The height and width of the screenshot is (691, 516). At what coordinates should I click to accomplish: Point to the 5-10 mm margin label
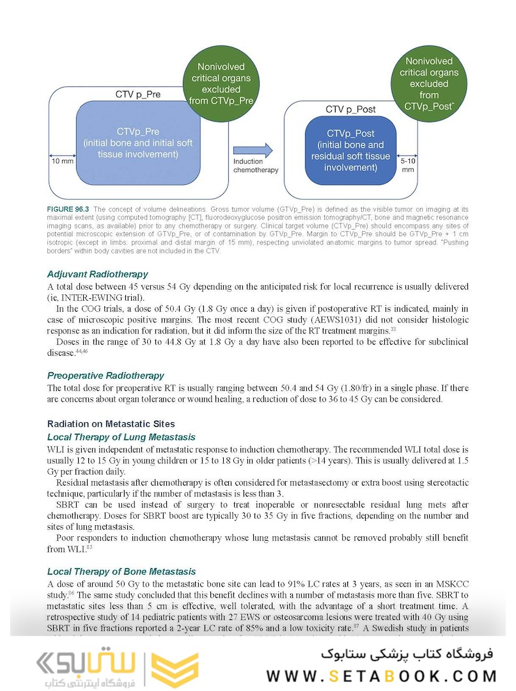[x=407, y=165]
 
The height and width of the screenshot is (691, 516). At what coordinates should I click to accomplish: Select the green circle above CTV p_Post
[x=429, y=84]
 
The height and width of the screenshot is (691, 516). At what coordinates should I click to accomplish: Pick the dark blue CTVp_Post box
[x=350, y=150]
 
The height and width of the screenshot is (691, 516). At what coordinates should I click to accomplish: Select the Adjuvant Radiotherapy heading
[x=97, y=274]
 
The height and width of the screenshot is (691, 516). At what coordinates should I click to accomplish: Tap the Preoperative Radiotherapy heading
[x=106, y=376]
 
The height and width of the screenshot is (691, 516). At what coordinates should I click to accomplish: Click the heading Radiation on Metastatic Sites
[x=111, y=424]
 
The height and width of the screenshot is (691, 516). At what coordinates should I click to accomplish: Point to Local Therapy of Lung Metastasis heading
[x=121, y=437]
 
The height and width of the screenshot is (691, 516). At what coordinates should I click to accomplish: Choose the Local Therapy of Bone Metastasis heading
[x=121, y=571]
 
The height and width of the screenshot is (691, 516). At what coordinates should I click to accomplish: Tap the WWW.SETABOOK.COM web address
[x=381, y=676]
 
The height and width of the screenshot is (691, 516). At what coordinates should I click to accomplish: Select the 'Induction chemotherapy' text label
[x=256, y=166]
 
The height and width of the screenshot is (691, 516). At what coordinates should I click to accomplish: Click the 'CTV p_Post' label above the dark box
[x=350, y=109]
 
